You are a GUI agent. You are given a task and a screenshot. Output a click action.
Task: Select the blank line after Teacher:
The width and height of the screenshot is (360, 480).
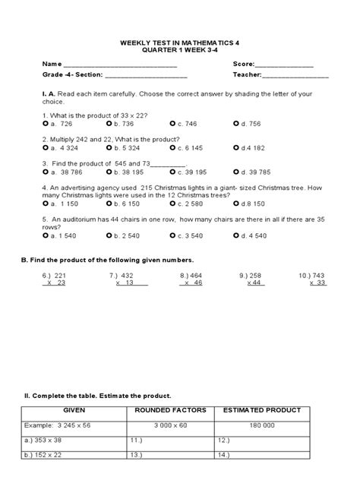[x=295, y=76]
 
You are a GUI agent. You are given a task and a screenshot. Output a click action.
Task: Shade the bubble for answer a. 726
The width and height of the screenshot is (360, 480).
[x=46, y=123]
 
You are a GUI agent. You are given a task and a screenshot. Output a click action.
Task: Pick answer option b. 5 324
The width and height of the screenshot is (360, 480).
[x=109, y=147]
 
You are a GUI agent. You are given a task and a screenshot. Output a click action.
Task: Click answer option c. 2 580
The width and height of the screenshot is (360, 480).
[x=174, y=204]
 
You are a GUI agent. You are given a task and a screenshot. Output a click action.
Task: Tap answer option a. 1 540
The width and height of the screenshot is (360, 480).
[x=46, y=235]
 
